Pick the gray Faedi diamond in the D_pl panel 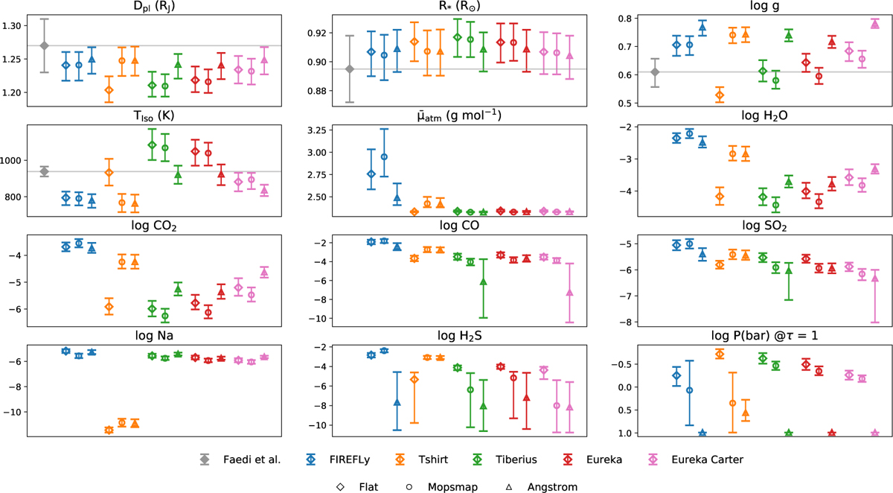click(x=44, y=45)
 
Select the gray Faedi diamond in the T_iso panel click(x=44, y=172)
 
